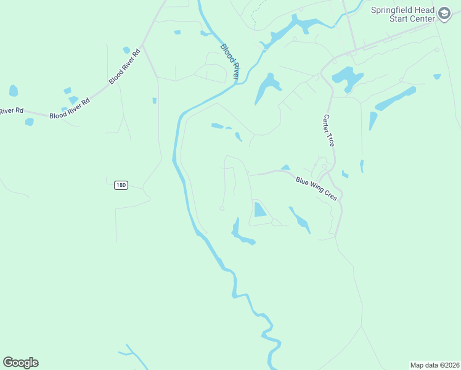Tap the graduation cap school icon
[444, 14]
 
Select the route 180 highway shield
[121, 185]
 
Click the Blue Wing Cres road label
[316, 188]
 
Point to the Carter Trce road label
[328, 130]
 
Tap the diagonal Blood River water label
[229, 61]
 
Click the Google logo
[21, 363]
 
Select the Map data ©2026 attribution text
[435, 364]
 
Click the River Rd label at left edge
[11, 111]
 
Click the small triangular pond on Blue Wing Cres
[285, 167]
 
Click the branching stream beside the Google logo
[130, 353]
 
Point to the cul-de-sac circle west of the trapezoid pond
[222, 208]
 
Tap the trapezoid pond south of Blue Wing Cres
[259, 210]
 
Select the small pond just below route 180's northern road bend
[154, 101]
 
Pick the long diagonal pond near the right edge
[395, 99]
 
